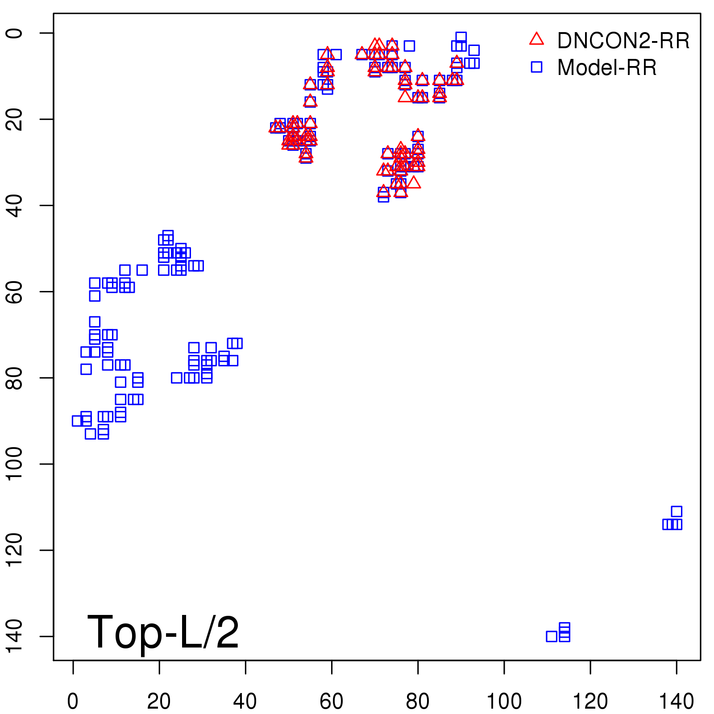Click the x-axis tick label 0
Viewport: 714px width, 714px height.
click(73, 702)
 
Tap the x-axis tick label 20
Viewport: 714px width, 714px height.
click(159, 702)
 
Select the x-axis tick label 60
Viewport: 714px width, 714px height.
click(332, 702)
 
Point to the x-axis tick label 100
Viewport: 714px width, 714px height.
click(504, 702)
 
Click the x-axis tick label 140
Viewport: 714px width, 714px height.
click(677, 702)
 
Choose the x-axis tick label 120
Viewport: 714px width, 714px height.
click(590, 702)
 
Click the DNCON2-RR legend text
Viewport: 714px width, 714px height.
click(623, 41)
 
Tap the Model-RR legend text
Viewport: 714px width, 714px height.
click(607, 68)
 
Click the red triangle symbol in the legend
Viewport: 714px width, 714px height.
click(536, 39)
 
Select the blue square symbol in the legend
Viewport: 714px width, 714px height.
click(536, 67)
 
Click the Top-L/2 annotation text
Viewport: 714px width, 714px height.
click(163, 632)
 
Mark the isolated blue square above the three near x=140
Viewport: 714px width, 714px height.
click(677, 511)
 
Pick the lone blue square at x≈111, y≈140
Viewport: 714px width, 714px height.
click(552, 636)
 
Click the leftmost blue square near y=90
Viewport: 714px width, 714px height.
click(77, 421)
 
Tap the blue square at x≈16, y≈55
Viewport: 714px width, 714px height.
click(142, 270)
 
